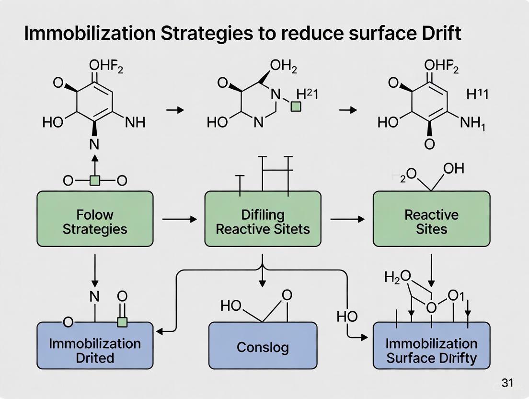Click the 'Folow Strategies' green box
tap(95, 221)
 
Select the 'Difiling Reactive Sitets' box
tap(263, 221)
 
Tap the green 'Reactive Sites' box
tap(431, 221)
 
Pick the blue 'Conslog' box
tap(263, 346)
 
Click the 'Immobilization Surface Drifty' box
tap(431, 351)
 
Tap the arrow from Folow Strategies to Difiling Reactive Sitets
tap(179, 220)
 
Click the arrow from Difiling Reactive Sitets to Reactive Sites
tap(347, 220)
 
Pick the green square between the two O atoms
tap(95, 181)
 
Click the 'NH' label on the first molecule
tap(135, 123)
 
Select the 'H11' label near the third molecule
tap(477, 94)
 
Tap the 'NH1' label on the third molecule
tap(472, 124)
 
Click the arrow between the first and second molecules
tap(174, 110)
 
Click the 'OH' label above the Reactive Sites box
tap(454, 169)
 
